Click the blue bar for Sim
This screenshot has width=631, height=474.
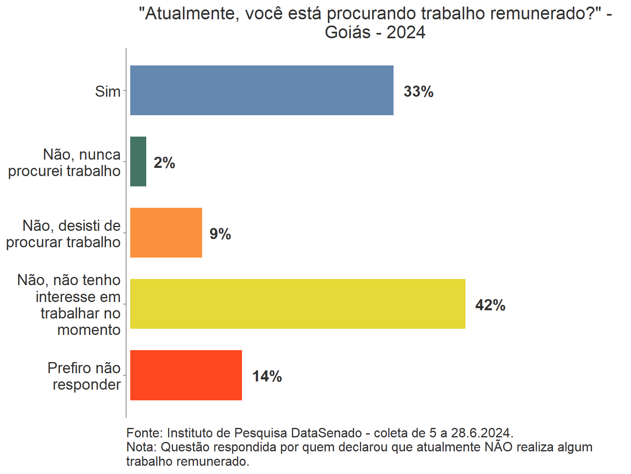click(x=262, y=90)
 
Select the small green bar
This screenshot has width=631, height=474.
click(x=138, y=161)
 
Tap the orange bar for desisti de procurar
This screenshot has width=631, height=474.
click(x=166, y=232)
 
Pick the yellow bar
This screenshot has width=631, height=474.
click(x=297, y=304)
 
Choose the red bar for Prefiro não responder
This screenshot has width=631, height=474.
click(x=186, y=375)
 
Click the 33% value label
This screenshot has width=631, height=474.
click(x=418, y=91)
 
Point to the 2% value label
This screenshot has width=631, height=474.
click(x=164, y=163)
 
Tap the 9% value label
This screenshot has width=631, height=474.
click(x=220, y=234)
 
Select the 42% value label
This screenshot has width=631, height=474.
click(x=490, y=305)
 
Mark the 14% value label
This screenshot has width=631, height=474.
click(x=267, y=376)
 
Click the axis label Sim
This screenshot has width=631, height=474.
click(x=108, y=91)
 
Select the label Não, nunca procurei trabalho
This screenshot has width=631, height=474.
click(x=64, y=163)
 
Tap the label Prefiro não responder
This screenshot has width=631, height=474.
click(x=84, y=376)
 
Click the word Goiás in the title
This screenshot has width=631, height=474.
click(x=348, y=32)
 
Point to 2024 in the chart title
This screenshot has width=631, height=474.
click(x=406, y=32)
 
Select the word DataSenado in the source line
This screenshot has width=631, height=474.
click(x=326, y=433)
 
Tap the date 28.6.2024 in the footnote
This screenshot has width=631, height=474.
click(x=482, y=433)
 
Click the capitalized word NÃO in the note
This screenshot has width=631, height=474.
click(x=498, y=447)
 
